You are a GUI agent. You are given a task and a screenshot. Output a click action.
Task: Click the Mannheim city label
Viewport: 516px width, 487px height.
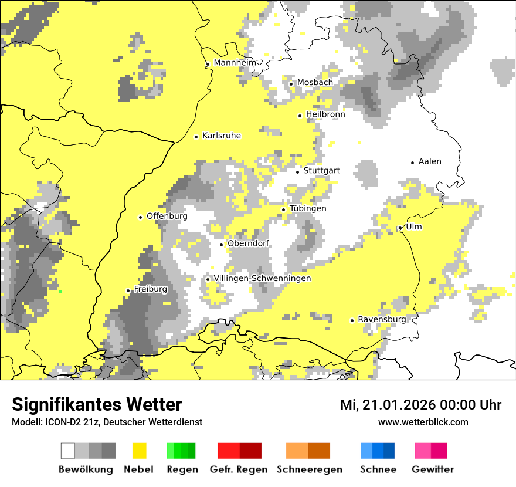click(x=236, y=63)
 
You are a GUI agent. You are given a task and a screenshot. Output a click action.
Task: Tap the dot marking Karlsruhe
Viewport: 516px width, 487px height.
click(x=196, y=137)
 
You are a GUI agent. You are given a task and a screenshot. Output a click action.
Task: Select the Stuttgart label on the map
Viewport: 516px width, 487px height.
click(x=321, y=171)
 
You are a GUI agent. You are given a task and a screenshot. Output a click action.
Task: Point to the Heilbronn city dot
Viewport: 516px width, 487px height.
click(x=300, y=116)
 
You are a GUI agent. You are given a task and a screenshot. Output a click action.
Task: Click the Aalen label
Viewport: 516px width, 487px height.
click(x=430, y=161)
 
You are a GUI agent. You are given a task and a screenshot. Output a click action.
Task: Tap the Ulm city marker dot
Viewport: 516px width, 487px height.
click(x=400, y=228)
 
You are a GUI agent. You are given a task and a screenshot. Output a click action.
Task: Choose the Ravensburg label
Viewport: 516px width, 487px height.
click(x=382, y=319)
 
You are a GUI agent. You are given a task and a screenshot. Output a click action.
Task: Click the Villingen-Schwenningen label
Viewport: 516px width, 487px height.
click(x=262, y=278)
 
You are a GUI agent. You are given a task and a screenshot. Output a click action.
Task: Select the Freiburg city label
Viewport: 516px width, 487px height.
click(x=150, y=289)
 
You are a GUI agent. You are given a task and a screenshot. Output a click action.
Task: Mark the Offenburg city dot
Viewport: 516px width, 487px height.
click(x=141, y=217)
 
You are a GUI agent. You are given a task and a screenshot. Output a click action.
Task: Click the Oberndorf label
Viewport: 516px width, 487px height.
click(x=248, y=243)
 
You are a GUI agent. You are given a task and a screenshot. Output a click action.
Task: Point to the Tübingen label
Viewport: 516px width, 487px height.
click(x=308, y=208)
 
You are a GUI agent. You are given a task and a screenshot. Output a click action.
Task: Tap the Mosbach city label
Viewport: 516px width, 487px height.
click(x=315, y=83)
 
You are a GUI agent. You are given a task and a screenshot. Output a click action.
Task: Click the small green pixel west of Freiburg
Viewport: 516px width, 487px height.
click(x=60, y=292)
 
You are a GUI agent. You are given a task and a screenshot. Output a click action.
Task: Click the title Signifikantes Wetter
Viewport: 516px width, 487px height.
click(x=97, y=405)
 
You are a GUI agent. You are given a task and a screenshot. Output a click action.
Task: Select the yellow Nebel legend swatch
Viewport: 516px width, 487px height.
click(x=139, y=451)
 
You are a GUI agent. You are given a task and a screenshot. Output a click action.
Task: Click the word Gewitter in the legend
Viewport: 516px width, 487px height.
click(x=433, y=469)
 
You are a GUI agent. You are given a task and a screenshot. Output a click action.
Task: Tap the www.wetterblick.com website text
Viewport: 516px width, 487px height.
click(x=423, y=422)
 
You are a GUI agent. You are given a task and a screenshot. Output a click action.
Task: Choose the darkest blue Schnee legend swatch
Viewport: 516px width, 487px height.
click(x=389, y=451)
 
